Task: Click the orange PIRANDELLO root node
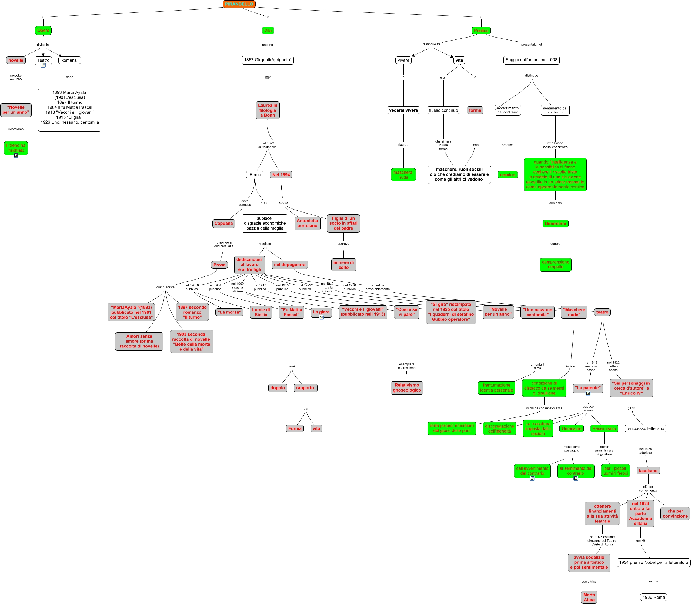coord(239,4)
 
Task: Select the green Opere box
coord(43,30)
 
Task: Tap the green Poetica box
coord(481,30)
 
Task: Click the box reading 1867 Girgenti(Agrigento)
coord(268,60)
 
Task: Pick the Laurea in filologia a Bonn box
coord(268,110)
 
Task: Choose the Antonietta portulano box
coord(307,223)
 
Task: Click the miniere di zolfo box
coord(343,265)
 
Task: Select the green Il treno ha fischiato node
coord(16,148)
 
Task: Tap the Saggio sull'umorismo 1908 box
coord(531,60)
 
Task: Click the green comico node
coord(508,175)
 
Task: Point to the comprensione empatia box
coord(555,265)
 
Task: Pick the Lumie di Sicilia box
coord(261,312)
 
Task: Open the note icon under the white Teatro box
coord(43,65)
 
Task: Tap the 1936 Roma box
coord(653,597)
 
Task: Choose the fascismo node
coord(648,471)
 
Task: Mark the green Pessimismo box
coord(604,428)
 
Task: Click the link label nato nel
coord(268,45)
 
